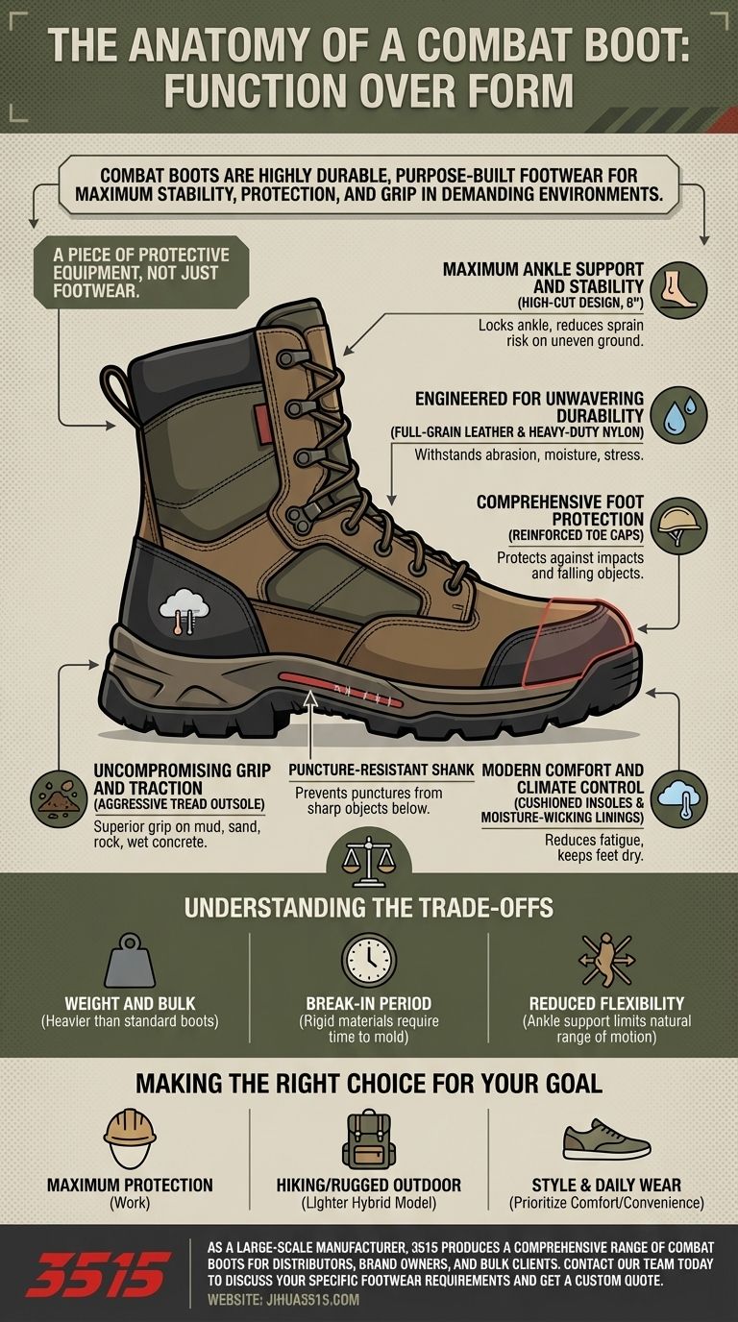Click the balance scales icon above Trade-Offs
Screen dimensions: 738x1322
pos(369,862)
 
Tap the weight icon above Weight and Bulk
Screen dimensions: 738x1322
pos(130,961)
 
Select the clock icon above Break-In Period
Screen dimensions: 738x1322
pos(369,960)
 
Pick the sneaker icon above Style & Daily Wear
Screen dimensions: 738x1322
pos(606,1139)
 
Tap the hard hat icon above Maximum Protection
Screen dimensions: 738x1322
pos(130,1138)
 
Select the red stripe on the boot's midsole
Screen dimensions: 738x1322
pos(341,690)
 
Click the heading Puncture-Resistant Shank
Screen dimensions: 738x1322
pos(381,770)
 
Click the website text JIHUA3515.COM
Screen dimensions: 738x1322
pos(313,1299)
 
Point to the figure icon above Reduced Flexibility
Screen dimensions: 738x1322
pos(606,960)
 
